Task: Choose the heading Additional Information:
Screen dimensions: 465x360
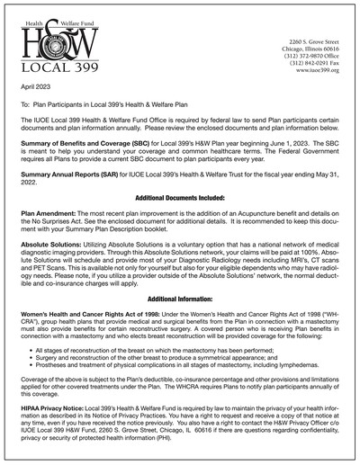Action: coord(179,296)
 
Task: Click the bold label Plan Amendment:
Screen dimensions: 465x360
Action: coord(50,210)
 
